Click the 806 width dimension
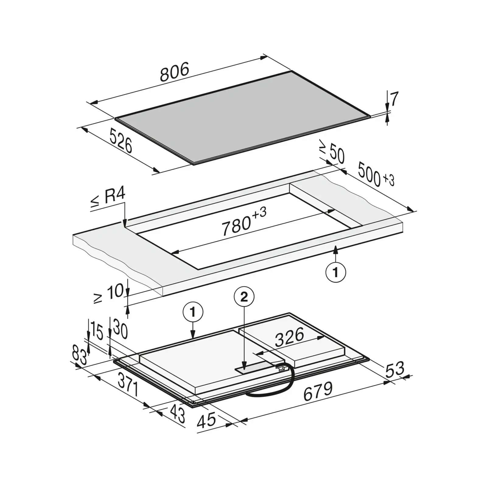(x=174, y=72)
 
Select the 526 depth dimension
(x=121, y=141)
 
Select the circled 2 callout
(x=244, y=297)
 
